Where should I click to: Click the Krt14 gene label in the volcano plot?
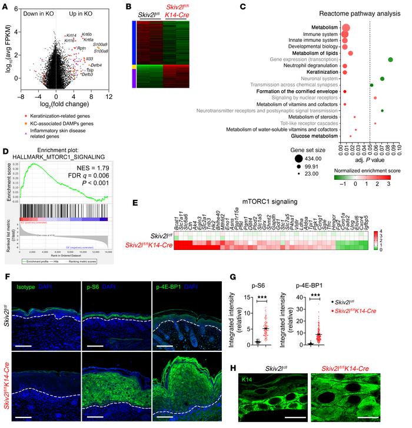point(71,35)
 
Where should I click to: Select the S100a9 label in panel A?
point(100,45)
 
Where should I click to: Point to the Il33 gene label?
point(90,59)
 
